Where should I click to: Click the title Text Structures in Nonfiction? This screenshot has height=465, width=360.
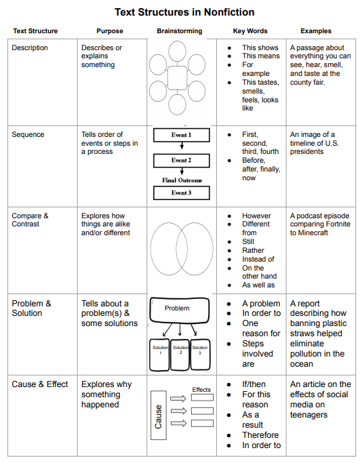[x=184, y=12]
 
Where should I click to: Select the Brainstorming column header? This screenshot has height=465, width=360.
[x=179, y=31]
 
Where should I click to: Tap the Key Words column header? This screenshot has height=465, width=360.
[x=250, y=31]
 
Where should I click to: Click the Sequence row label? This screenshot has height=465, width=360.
[x=28, y=135]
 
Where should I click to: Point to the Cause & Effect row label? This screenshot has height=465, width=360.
[x=40, y=384]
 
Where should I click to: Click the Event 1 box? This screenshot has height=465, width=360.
[x=181, y=135]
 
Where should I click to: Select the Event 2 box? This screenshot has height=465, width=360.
[x=181, y=161]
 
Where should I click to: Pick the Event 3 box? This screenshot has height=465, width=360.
[x=181, y=193]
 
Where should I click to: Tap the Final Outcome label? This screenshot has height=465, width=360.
[x=181, y=180]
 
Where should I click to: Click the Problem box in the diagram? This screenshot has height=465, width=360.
[x=178, y=308]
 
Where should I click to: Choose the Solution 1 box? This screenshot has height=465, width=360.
[x=160, y=352]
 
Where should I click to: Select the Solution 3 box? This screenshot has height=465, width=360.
[x=200, y=352]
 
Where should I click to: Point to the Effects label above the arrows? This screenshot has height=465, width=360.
[x=201, y=390]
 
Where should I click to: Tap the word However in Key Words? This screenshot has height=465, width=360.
[x=257, y=216]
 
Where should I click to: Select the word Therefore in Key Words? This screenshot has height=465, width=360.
[x=261, y=435]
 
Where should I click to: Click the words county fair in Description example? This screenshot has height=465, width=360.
[x=308, y=83]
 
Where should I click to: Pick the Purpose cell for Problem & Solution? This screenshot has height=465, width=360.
[x=109, y=313]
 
